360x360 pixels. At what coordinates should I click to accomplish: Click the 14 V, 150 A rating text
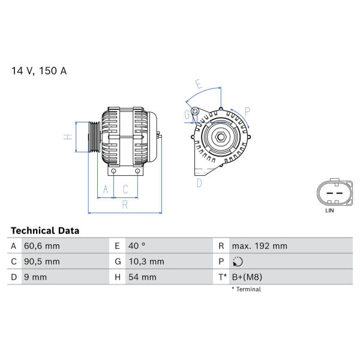[x=39, y=71]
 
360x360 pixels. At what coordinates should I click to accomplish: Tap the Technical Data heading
[x=45, y=231]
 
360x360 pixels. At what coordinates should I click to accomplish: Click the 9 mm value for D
[x=35, y=277]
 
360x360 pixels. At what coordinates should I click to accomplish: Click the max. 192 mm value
[x=260, y=246]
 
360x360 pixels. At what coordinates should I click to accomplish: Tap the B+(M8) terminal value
[x=247, y=277]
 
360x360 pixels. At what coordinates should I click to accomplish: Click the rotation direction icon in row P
[x=238, y=262]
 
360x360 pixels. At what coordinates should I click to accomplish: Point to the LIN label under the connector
[x=329, y=211]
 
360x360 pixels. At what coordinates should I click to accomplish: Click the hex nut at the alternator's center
[x=221, y=137]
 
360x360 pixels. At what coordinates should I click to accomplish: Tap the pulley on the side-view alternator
[x=94, y=137]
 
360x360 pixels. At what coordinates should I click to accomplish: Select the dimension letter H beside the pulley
[x=68, y=137]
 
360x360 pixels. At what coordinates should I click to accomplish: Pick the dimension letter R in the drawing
[x=125, y=205]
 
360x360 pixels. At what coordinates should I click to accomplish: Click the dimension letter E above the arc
[x=199, y=84]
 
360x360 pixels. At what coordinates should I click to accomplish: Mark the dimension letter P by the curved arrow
[x=247, y=112]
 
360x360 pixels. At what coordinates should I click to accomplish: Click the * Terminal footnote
[x=246, y=289]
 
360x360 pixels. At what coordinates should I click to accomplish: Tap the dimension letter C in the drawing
[x=125, y=190]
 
